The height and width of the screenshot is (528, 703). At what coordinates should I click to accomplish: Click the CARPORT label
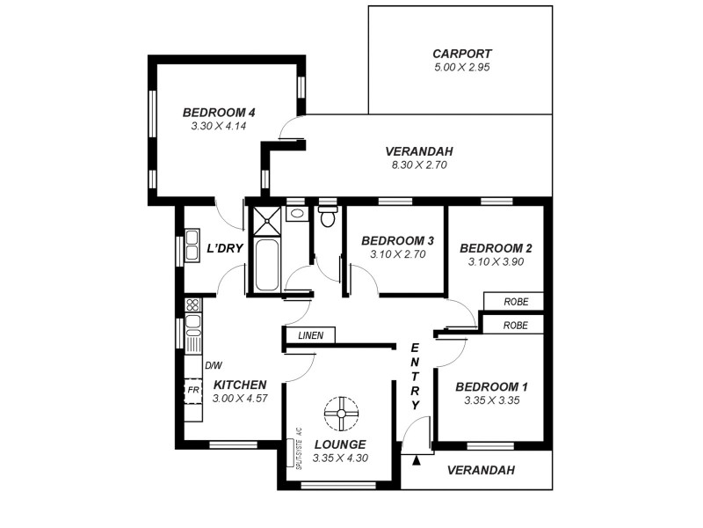point(462,53)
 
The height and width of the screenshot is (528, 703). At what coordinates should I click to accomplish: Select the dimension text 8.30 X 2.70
point(419,164)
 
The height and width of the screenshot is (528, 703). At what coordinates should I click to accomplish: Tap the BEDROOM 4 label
point(219,113)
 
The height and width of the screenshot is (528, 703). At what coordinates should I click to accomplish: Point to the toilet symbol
point(327,216)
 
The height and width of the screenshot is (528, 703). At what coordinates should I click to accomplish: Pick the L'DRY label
point(224,249)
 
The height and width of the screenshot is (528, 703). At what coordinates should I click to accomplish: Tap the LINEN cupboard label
point(310,335)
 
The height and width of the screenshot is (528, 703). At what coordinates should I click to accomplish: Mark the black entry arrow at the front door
point(417,458)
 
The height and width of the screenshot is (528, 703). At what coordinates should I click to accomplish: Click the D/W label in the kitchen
point(213,364)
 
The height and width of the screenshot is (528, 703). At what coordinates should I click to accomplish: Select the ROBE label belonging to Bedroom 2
point(516,302)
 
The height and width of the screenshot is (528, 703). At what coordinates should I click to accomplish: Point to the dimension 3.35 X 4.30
point(340,458)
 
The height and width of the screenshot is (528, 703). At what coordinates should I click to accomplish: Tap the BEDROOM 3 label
point(397,241)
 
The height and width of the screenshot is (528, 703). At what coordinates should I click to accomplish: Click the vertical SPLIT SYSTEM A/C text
point(299,449)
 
